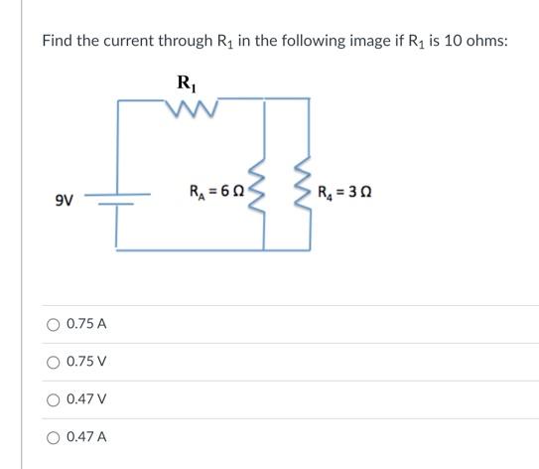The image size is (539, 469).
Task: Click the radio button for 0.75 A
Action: (x=53, y=324)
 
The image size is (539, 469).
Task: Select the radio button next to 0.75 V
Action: (x=53, y=362)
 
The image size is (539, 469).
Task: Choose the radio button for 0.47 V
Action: (x=53, y=399)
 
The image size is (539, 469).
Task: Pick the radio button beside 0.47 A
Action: (x=53, y=436)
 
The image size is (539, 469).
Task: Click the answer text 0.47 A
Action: (x=86, y=436)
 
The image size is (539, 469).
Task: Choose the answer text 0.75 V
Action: (x=86, y=362)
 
